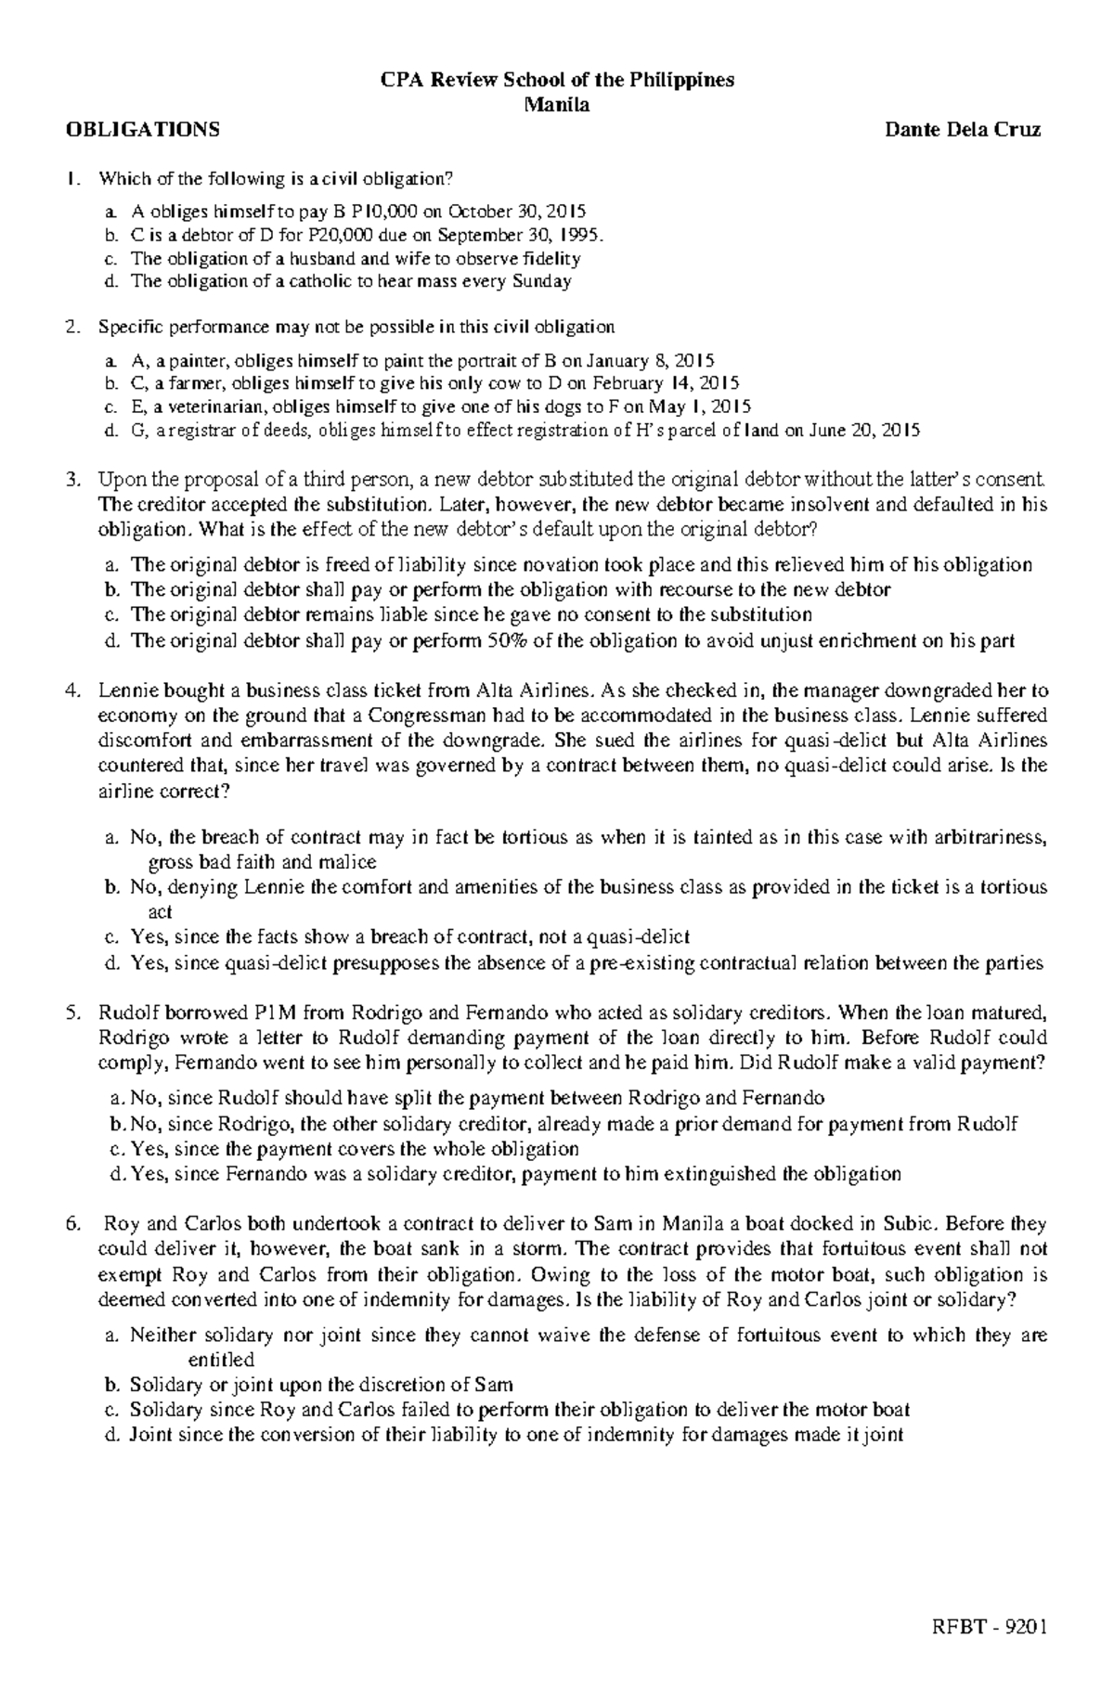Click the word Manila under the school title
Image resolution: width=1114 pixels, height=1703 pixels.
tap(557, 104)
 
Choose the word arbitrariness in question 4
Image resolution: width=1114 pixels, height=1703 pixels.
tap(990, 837)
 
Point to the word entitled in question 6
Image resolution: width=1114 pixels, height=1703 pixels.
tap(221, 1360)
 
